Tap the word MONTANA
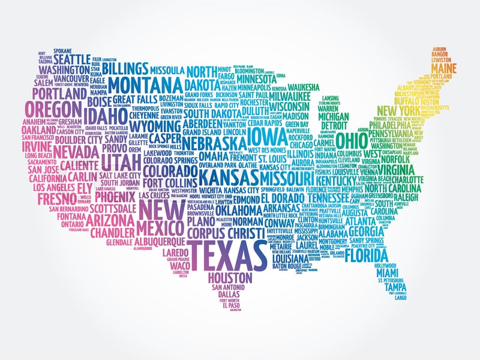pyautogui.click(x=146, y=83)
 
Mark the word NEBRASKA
pyautogui.click(x=213, y=143)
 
